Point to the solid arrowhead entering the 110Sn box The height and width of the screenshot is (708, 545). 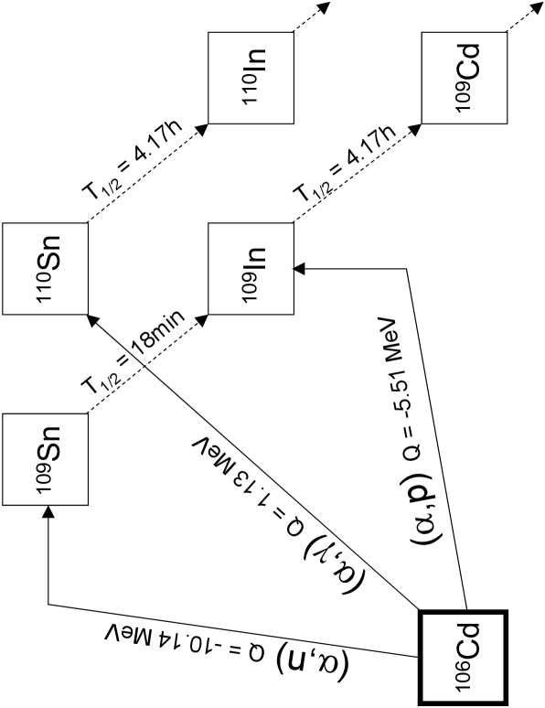(91, 317)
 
